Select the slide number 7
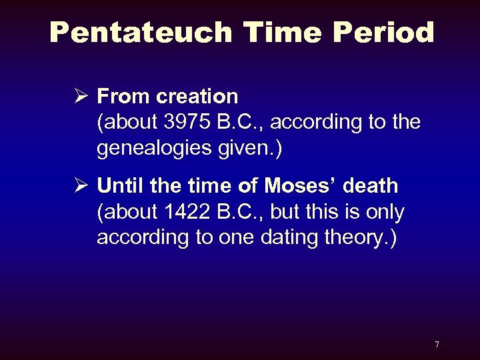[437, 344]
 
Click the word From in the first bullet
[124, 97]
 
